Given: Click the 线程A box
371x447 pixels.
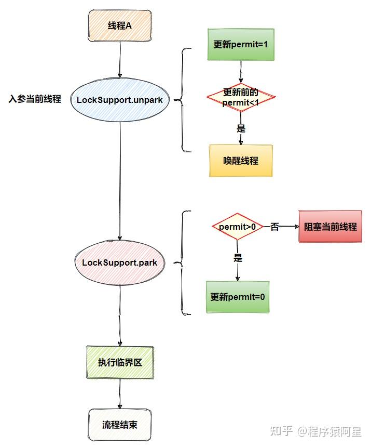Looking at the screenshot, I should [120, 25].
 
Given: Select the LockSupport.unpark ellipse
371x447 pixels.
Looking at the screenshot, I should [120, 99].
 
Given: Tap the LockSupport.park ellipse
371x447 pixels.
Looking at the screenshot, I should [120, 262].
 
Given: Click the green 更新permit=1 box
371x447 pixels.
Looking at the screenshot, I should [241, 45].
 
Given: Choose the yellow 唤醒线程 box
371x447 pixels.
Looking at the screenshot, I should [241, 161].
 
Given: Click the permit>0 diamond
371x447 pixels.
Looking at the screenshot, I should [237, 227].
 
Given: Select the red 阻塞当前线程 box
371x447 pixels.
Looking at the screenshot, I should [330, 227].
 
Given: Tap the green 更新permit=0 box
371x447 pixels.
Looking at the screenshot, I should [238, 297].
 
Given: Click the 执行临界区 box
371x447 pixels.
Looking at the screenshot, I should [120, 362].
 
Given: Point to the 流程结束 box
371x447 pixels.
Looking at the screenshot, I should [120, 425].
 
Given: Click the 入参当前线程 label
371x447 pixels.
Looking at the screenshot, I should [35, 99].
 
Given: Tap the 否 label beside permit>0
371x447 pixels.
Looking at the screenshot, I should [274, 227].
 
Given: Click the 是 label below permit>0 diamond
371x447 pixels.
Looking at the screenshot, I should [238, 258].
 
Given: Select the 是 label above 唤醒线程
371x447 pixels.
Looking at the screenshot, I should [241, 128].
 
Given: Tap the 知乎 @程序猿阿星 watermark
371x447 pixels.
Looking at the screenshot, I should [320, 431].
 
